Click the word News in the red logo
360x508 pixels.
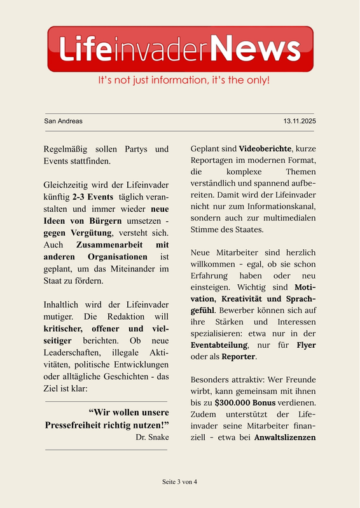point(255,49)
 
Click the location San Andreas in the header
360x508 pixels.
point(63,121)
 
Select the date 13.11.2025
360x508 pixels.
point(300,121)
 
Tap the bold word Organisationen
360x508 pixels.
point(113,256)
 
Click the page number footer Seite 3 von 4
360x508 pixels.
point(179,481)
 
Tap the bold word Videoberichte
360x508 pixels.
point(265,149)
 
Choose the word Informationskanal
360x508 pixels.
point(280,206)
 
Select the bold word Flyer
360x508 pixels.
point(306,345)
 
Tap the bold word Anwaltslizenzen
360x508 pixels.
point(285,437)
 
